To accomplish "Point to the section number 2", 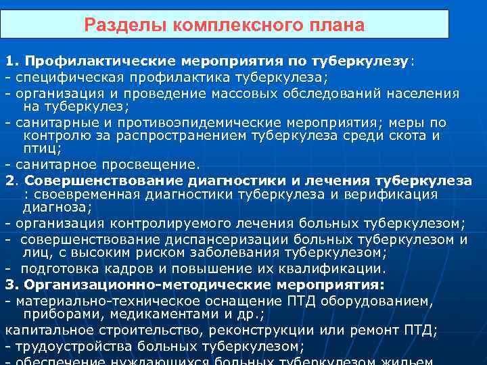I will point(9,180).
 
